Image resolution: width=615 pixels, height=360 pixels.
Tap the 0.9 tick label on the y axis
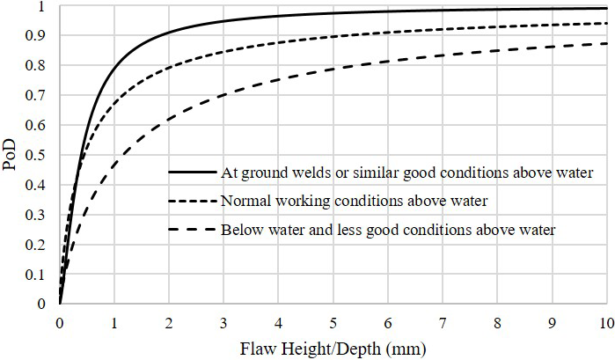click(x=38, y=36)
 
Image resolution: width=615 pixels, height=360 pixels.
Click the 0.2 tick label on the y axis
click(x=38, y=245)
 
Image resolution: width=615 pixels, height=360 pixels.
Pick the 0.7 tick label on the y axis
click(x=38, y=96)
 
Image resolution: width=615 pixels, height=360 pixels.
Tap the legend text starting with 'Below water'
click(x=390, y=231)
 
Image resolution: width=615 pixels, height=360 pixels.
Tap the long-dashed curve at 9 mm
click(x=553, y=48)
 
